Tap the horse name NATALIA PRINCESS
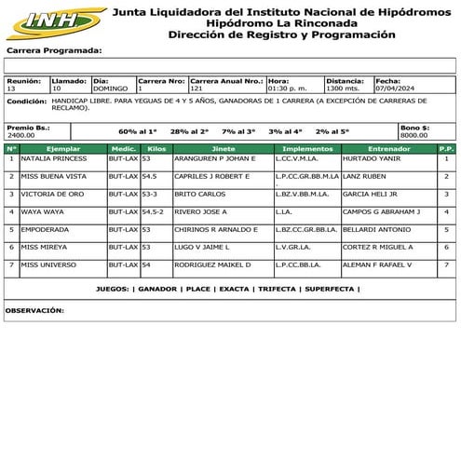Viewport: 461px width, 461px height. pos(53,158)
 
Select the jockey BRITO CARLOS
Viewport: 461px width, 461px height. pos(199,194)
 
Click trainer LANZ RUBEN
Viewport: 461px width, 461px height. pos(363,176)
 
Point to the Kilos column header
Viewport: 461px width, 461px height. pos(156,148)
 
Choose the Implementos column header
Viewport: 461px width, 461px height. pos(306,148)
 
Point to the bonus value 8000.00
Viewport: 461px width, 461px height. pos(414,135)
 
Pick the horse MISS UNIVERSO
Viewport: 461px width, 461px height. pos(49,264)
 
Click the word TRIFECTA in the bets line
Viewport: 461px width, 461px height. pos(277,289)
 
